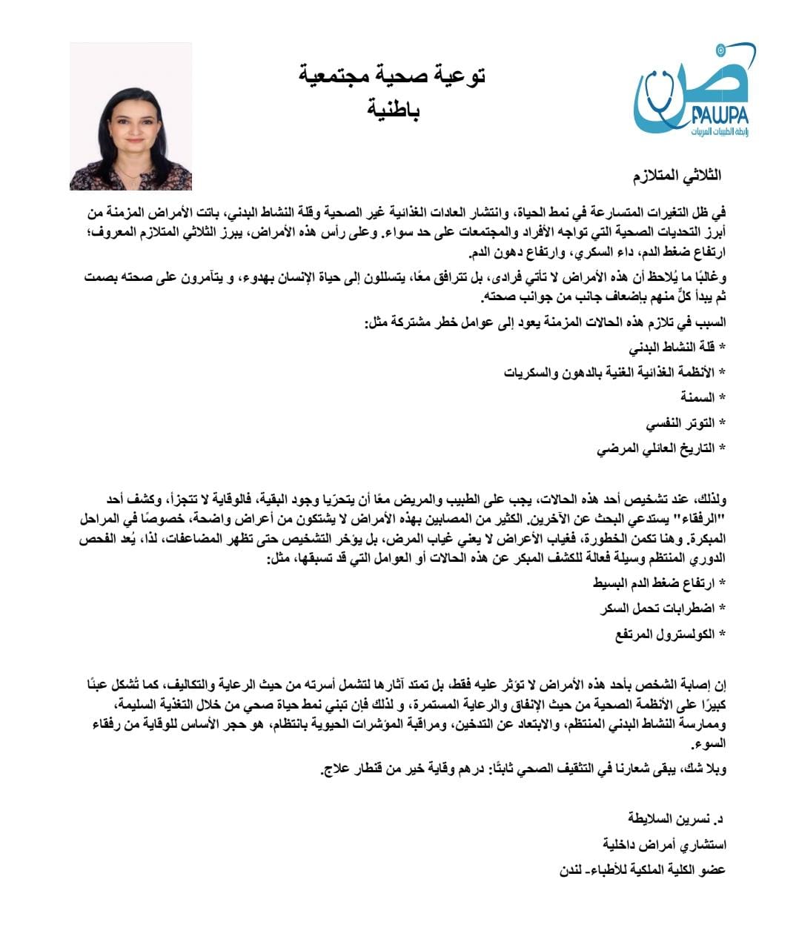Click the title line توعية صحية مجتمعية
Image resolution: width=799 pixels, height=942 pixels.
392,76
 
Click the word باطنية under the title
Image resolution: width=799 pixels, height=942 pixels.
394,110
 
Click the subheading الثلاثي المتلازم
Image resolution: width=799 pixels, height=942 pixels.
676,176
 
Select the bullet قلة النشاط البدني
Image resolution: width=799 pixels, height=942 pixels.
676,347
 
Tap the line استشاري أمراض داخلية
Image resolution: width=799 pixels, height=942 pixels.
664,844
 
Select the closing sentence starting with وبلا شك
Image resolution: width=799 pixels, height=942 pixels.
523,769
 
